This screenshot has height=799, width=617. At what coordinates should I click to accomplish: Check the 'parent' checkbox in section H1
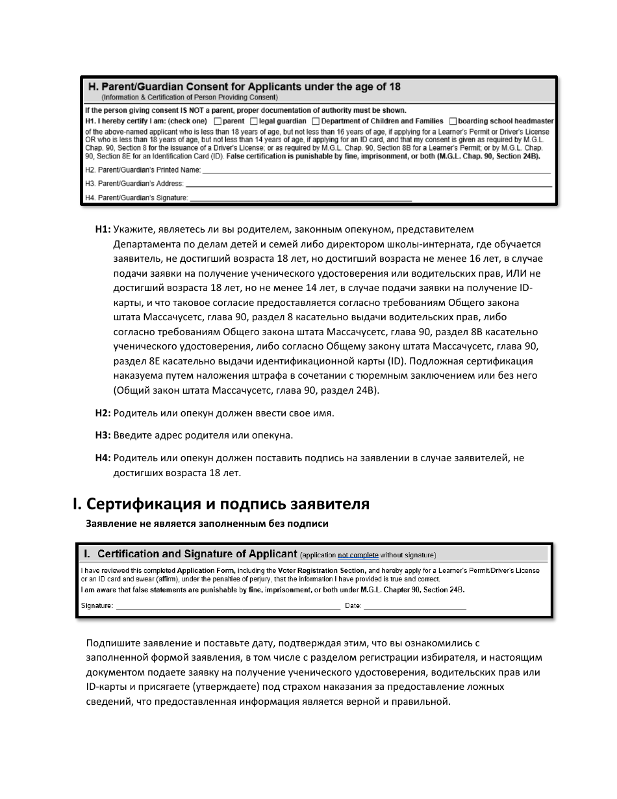[x=218, y=121]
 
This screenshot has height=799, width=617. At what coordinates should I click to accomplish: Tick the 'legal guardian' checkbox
[x=254, y=121]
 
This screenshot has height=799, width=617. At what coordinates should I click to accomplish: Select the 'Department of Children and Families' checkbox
[x=316, y=121]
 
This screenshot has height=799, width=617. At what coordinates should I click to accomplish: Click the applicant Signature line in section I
[x=227, y=606]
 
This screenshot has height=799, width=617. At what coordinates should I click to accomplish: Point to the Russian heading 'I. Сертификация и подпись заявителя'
[x=221, y=503]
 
